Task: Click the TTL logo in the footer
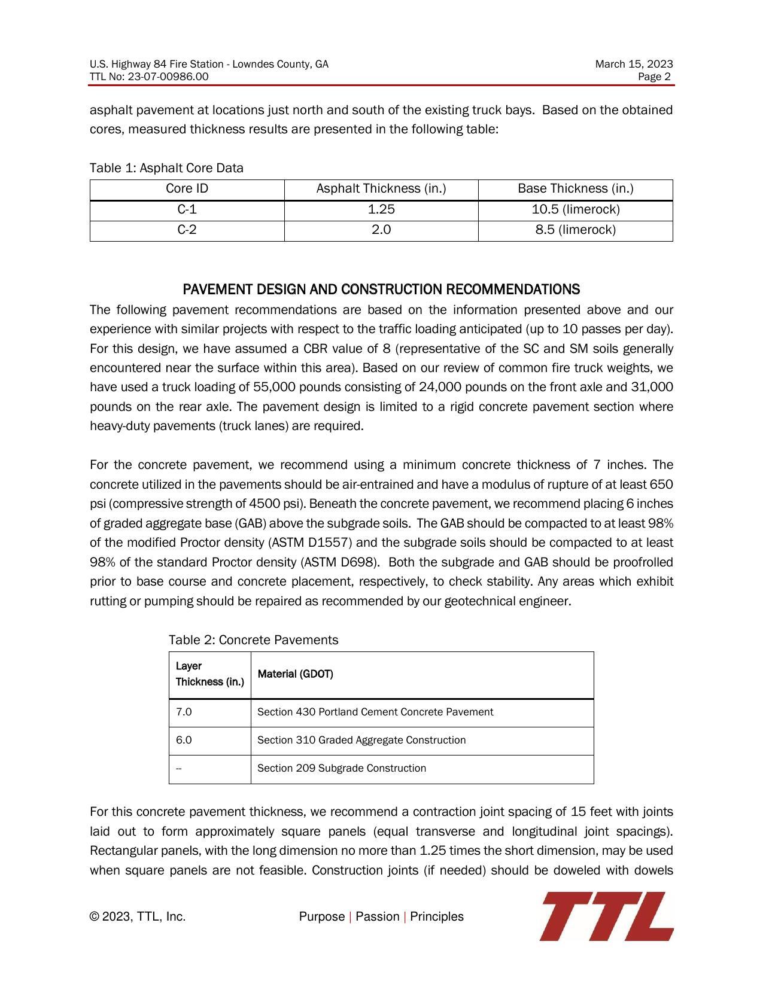point(606,916)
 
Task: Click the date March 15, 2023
point(634,64)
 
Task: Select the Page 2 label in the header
point(654,77)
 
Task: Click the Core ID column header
point(187,189)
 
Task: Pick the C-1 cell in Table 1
point(187,210)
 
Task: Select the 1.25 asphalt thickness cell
point(381,210)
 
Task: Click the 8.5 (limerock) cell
point(575,230)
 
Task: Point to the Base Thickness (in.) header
point(575,189)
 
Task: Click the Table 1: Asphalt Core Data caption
point(166,168)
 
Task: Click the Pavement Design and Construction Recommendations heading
point(381,290)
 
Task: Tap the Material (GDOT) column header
point(295,674)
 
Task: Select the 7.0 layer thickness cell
point(184,712)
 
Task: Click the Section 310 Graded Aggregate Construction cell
point(361,741)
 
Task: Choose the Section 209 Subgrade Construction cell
point(341,769)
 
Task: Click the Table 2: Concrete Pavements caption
point(253,641)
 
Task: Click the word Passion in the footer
point(377,917)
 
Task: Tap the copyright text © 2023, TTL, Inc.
point(138,917)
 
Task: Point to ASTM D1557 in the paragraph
point(311,543)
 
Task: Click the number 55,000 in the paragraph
point(272,388)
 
